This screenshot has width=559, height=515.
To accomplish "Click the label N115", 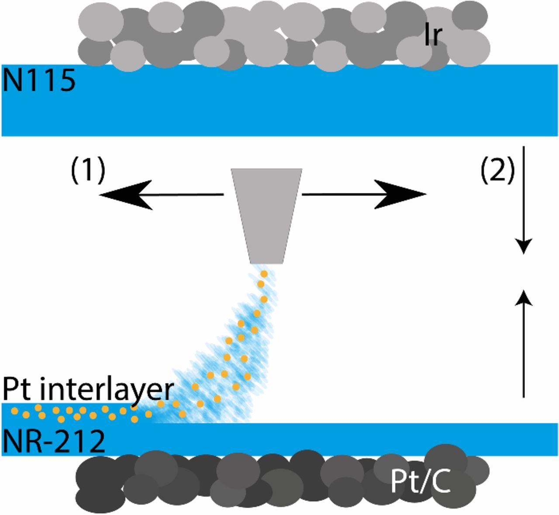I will pos(38,81).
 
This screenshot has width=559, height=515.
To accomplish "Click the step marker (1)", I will pos(88,169).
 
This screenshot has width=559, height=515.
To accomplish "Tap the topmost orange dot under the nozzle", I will pos(264,274).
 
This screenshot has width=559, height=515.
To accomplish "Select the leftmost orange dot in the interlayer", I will pos(14,411).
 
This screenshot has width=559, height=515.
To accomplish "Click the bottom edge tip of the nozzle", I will pos(266,263).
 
